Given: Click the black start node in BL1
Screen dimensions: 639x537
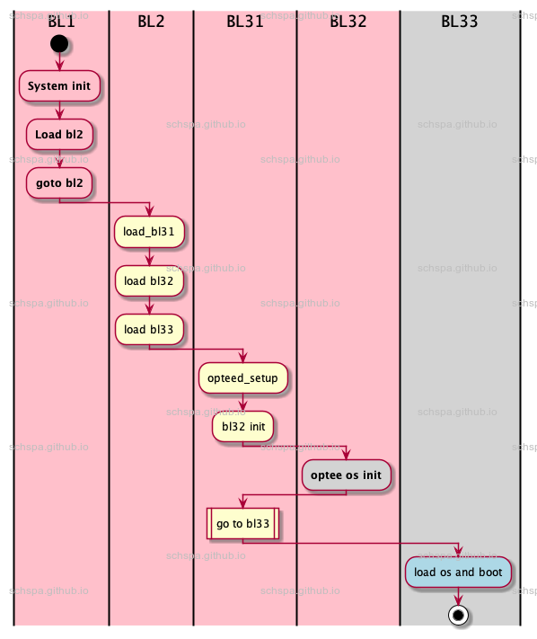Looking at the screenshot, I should (x=60, y=42).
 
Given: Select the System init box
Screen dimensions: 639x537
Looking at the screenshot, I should (x=60, y=86).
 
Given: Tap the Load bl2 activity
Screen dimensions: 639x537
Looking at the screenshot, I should (x=60, y=134).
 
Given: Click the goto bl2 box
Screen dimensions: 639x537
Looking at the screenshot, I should (x=60, y=182).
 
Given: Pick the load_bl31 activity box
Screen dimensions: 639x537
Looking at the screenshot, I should (x=149, y=231).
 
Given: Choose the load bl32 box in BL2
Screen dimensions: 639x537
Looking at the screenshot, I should (x=149, y=280).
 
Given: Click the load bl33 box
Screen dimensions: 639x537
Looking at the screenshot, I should (x=149, y=328).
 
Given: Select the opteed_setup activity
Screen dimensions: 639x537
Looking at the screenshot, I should (x=242, y=377).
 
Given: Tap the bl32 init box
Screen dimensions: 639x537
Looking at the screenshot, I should (x=242, y=427).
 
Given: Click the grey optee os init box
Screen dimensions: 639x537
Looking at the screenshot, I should (x=346, y=474).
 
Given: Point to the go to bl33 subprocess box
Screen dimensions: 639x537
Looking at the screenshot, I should (x=242, y=523).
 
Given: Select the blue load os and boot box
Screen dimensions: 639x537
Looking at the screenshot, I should (x=458, y=572).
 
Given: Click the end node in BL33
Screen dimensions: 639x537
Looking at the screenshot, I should (x=458, y=616).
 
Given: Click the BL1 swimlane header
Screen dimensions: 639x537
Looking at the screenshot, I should (x=60, y=22).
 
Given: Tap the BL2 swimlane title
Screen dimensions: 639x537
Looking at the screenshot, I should (x=151, y=22).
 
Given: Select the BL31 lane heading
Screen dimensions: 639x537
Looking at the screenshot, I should (x=244, y=22).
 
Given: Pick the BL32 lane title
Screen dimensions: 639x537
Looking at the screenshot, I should (x=348, y=22).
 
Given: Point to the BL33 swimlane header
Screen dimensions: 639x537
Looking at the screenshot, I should (x=459, y=22).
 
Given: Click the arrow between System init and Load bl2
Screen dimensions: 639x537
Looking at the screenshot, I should (x=60, y=110).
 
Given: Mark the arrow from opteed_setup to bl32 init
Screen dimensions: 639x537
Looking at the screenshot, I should (x=242, y=403).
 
